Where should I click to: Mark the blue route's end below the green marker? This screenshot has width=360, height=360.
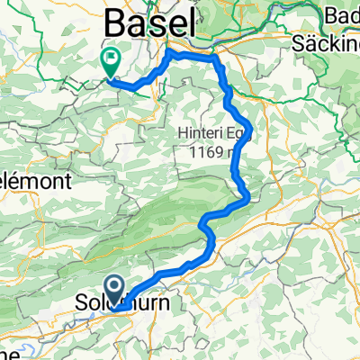[x=112, y=79]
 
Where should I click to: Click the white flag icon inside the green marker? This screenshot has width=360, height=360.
[x=112, y=60]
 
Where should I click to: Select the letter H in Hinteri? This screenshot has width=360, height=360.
[x=183, y=134]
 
